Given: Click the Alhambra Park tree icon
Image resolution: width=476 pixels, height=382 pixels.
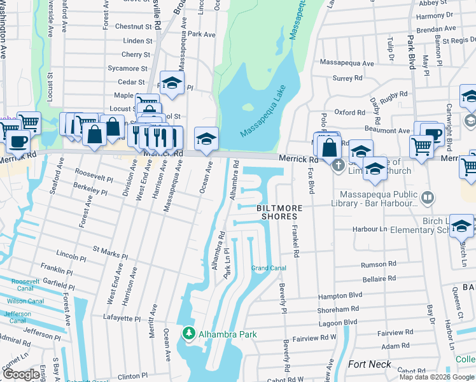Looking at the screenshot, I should pos(188,333).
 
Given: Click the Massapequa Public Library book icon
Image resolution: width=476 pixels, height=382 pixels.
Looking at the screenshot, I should pos(427,199).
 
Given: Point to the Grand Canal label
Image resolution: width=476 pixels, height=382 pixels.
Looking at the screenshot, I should pos(267,267).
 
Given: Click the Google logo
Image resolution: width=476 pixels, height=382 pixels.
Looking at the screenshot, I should pos(21,374).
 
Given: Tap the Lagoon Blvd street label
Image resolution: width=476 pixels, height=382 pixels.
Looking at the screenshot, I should pos(338,323).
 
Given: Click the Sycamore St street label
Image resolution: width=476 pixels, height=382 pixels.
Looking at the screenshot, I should pos(127,68).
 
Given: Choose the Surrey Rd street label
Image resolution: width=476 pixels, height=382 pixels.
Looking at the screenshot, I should pos(347,78).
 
